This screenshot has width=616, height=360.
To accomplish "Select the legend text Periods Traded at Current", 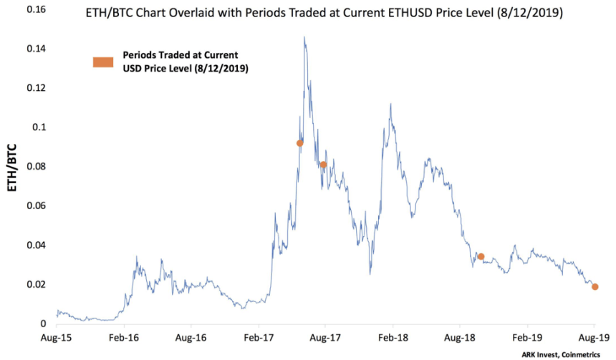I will [x=174, y=55].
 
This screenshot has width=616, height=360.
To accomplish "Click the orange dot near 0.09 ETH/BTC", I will [x=300, y=143].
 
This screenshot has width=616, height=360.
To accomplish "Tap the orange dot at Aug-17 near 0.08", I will [x=324, y=165].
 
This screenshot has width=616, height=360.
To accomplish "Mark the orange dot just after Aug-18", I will [x=481, y=256].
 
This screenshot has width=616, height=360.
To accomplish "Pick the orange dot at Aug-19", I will [x=595, y=287].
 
